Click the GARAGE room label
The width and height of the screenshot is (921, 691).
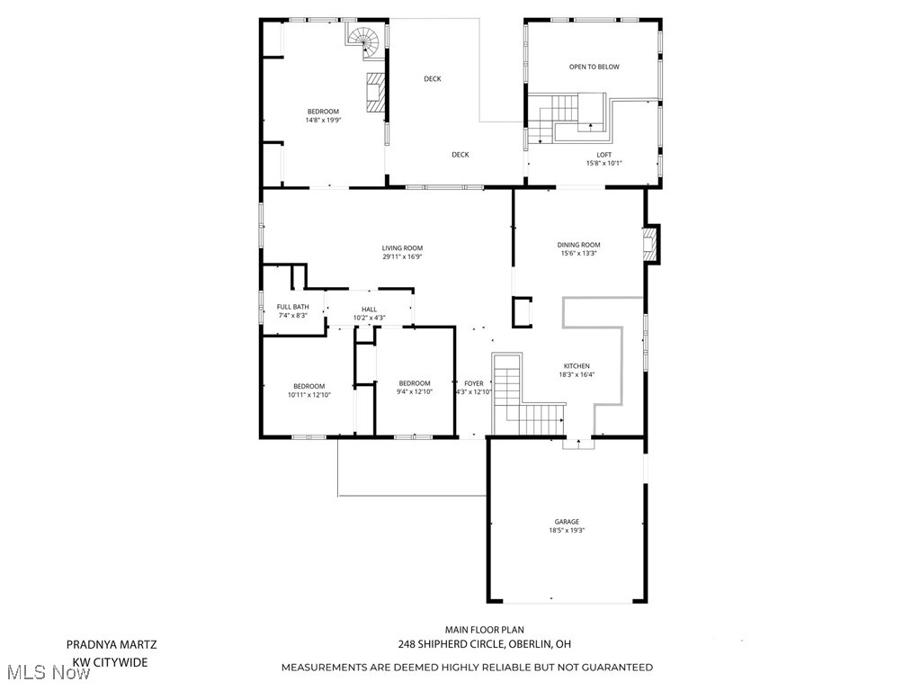pyautogui.click(x=567, y=522)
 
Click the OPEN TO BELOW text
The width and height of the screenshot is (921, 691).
pyautogui.click(x=594, y=67)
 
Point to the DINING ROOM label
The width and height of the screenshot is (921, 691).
pyautogui.click(x=578, y=245)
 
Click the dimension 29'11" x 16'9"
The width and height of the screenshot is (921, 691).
pyautogui.click(x=402, y=257)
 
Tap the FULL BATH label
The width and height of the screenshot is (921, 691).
pyautogui.click(x=292, y=307)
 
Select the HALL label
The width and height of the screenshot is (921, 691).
pyautogui.click(x=369, y=309)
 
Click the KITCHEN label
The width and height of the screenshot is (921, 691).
pyautogui.click(x=577, y=366)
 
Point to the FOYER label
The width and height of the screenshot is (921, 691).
pyautogui.click(x=473, y=383)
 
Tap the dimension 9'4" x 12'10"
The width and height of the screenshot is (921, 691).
pyautogui.click(x=415, y=391)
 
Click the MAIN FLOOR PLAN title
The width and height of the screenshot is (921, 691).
pyautogui.click(x=484, y=630)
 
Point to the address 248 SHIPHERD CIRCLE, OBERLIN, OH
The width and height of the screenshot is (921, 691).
pyautogui.click(x=484, y=644)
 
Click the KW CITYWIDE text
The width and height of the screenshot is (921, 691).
pyautogui.click(x=110, y=662)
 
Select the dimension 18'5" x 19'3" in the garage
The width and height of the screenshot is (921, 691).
pyautogui.click(x=567, y=531)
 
